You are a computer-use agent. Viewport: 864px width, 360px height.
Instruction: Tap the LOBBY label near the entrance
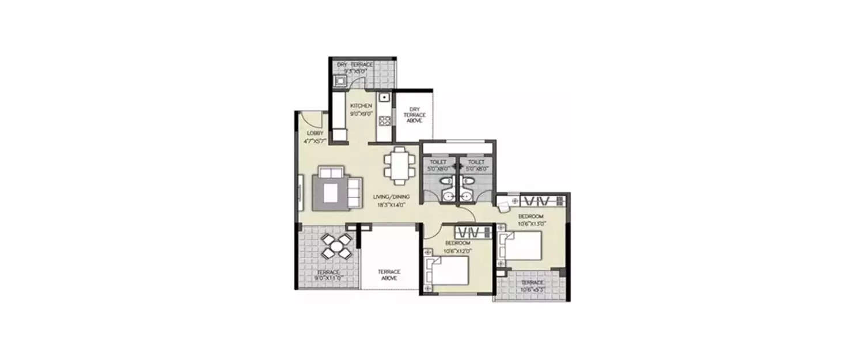312,134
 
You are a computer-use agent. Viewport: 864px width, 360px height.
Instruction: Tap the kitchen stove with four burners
385,120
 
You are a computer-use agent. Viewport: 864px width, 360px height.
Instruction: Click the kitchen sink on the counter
384,100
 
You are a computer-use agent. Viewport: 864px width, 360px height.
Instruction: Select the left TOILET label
438,163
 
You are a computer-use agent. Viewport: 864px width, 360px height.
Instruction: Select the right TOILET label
476,163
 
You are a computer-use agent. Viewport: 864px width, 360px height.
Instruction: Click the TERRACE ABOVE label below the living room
389,275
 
